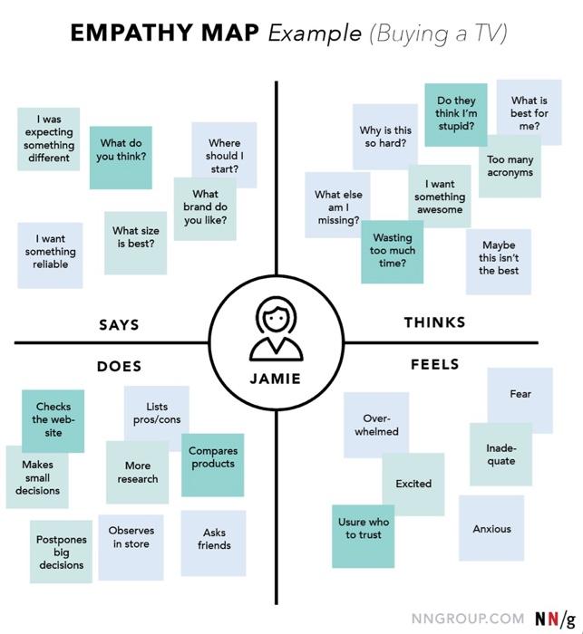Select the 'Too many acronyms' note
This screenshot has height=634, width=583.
point(510,166)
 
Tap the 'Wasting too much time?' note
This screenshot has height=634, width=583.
point(393,251)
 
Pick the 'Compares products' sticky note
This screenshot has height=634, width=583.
point(212,463)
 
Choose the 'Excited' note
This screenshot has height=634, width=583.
point(413,484)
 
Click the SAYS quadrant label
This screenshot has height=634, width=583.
point(119,325)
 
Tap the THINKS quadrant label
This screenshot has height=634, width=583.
point(434,322)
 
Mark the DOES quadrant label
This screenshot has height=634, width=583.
point(119,366)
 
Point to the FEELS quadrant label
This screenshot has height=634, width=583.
point(434,364)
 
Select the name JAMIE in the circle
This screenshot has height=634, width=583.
point(276,378)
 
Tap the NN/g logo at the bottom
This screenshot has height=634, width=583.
point(553,618)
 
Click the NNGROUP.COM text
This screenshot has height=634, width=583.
point(467,618)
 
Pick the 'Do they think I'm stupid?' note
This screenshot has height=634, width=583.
point(455,114)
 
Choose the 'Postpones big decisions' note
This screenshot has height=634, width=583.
point(62,552)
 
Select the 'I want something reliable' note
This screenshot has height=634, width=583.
point(50,253)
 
